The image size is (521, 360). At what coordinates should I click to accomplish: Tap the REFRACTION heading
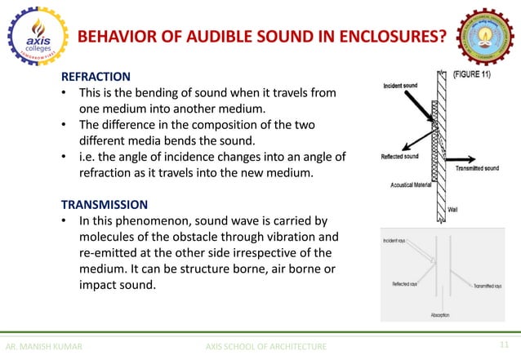tap(95, 77)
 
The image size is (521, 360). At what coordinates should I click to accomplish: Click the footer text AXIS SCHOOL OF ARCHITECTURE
tap(267, 347)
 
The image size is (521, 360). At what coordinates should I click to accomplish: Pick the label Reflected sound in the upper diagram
tap(402, 157)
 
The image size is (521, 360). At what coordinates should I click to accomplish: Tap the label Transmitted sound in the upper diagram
tap(478, 168)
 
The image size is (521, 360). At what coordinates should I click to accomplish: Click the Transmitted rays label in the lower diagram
tap(488, 287)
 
